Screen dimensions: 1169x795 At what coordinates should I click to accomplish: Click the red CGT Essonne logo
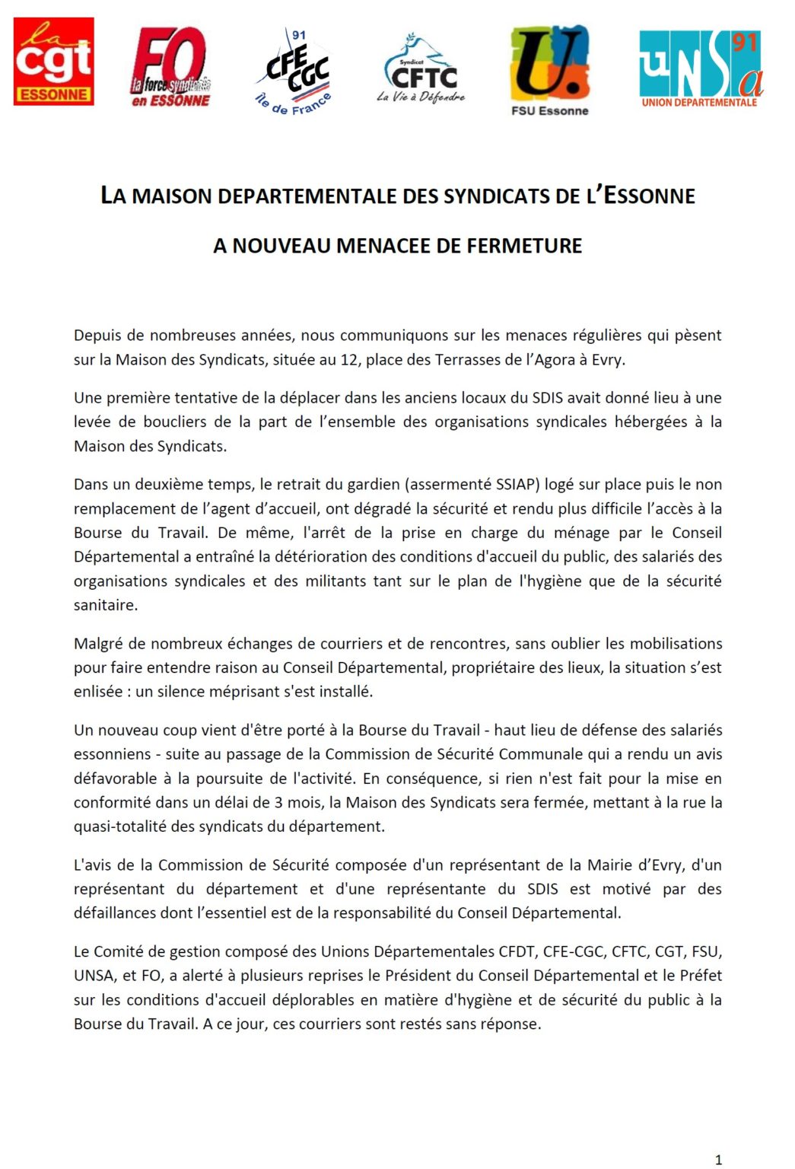tap(54, 62)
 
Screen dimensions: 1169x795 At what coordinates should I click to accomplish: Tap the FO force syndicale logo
tap(170, 67)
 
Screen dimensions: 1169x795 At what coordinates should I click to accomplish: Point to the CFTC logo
tap(421, 69)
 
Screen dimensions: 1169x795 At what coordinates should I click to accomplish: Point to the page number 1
tap(718, 1160)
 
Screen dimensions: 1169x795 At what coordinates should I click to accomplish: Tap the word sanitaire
tap(106, 606)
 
